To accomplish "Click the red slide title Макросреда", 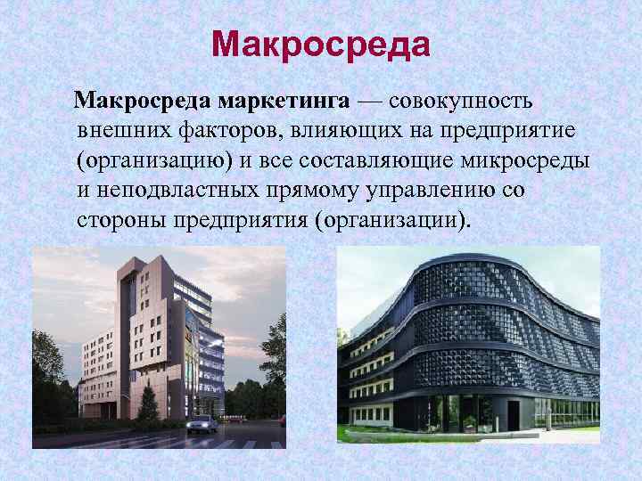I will point(322,44).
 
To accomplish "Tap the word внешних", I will point(119,131).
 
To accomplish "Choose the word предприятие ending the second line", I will point(509,131).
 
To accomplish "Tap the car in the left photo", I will point(202,423).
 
